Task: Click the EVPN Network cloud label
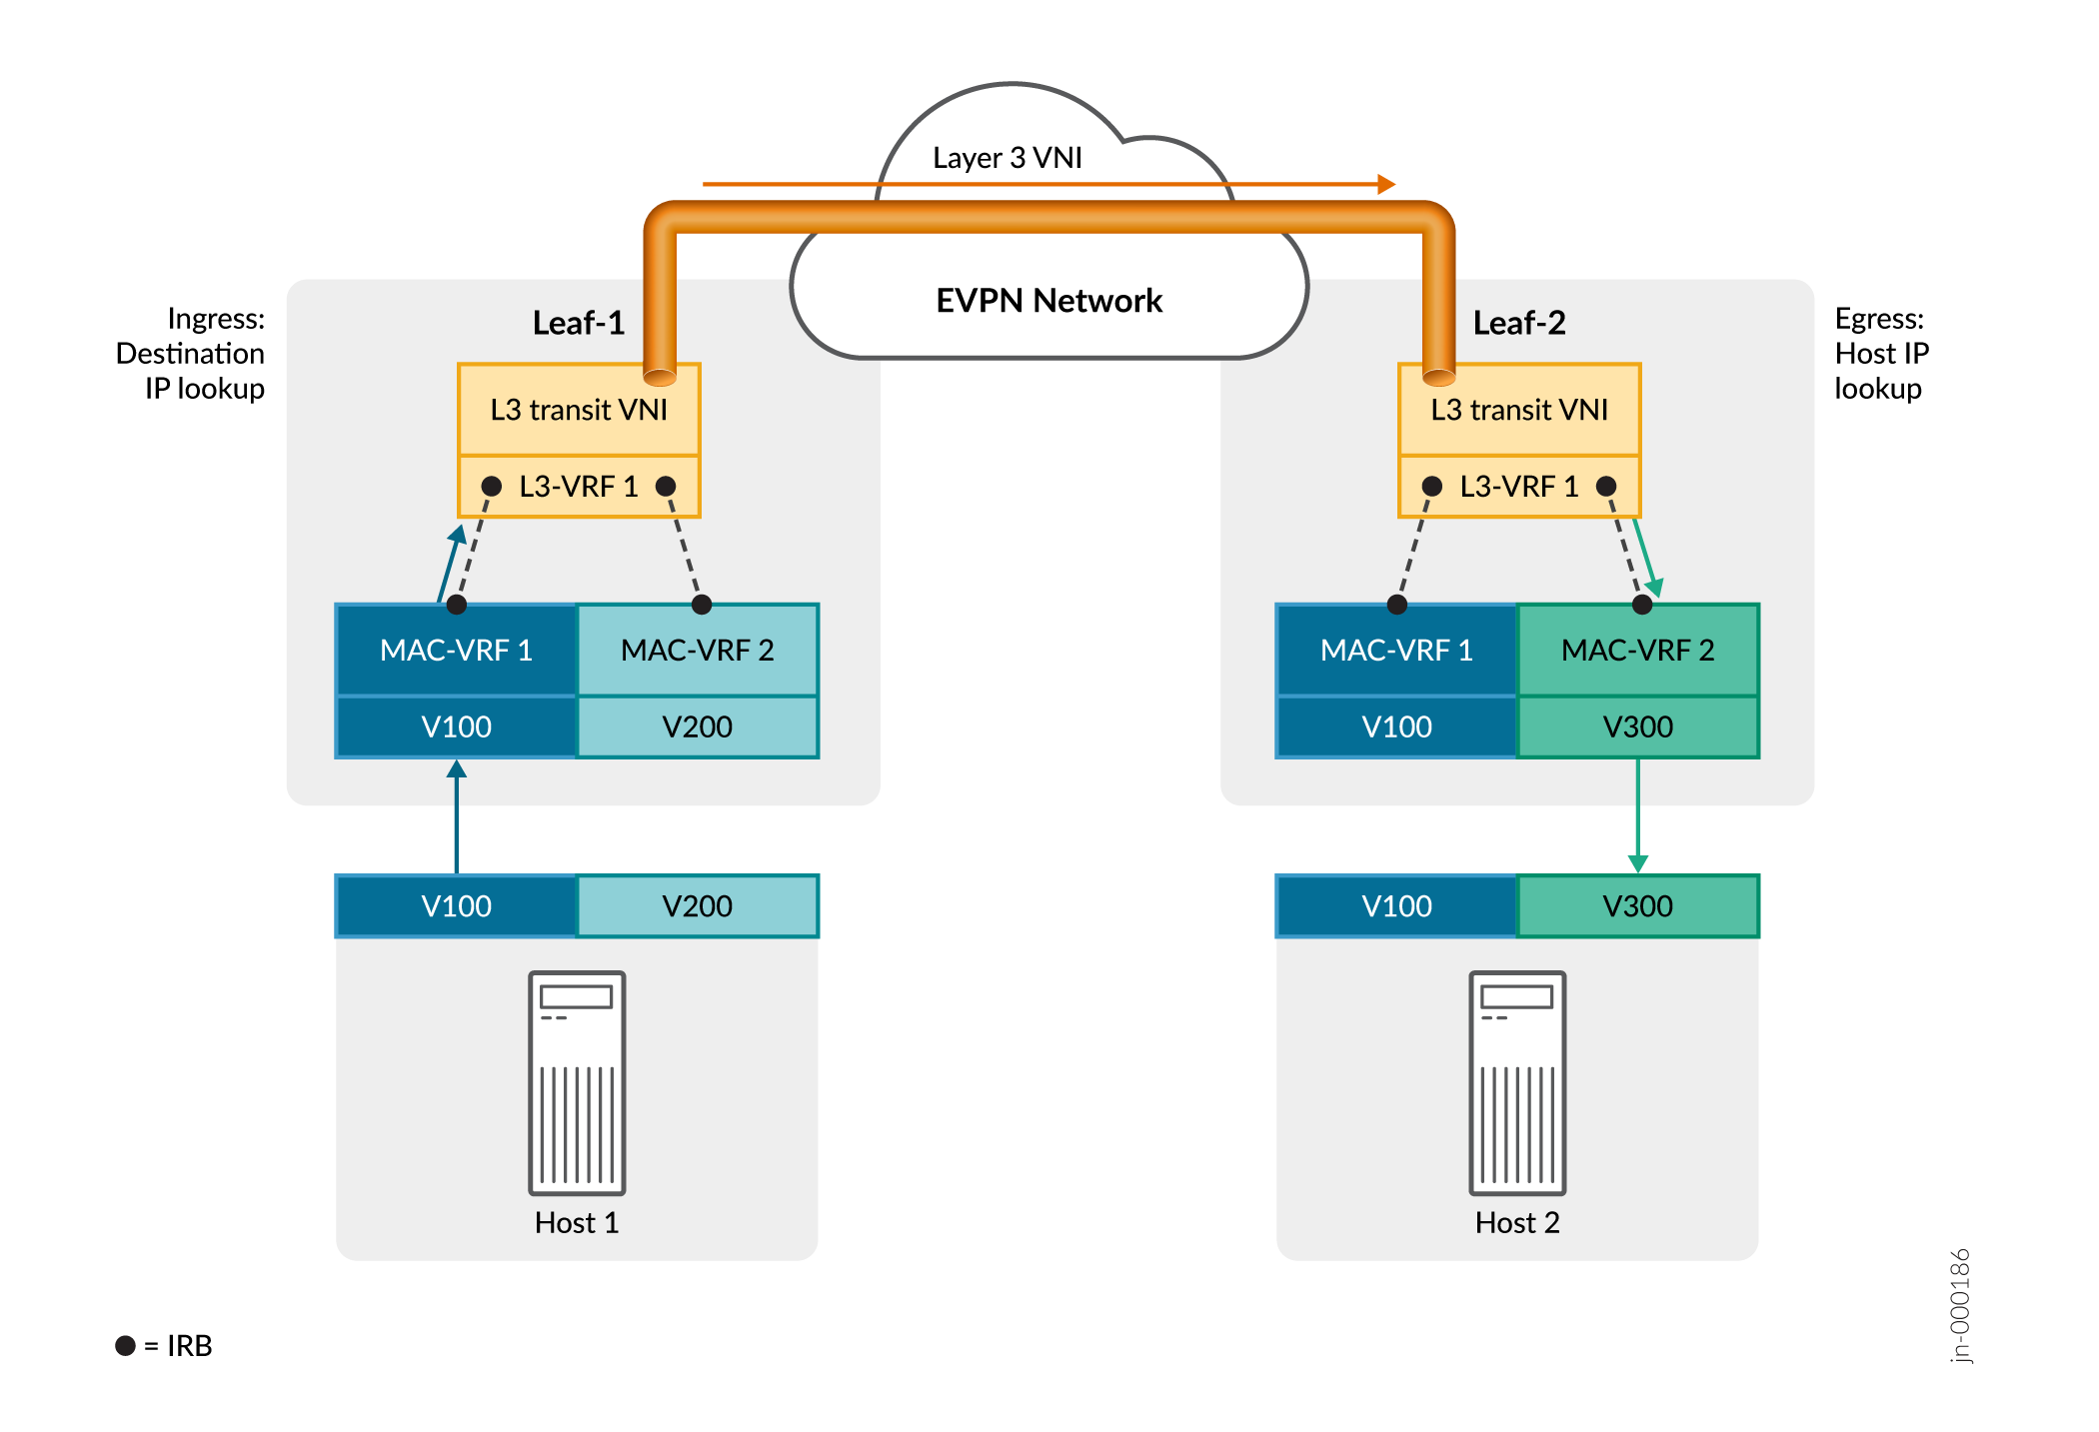tap(1049, 301)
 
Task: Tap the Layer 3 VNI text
tap(1007, 158)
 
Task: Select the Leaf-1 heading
tap(578, 323)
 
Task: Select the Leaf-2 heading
tap(1518, 323)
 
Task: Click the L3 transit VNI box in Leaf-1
tap(579, 410)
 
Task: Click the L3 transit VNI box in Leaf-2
tap(1519, 410)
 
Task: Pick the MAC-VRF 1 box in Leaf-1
tap(457, 651)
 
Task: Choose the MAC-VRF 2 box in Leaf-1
tap(698, 651)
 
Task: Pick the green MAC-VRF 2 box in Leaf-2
tap(1637, 651)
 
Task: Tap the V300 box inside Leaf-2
tap(1637, 726)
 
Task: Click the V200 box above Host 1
tap(698, 906)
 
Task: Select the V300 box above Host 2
tap(1637, 906)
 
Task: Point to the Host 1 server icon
tap(577, 1082)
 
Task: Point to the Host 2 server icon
tap(1517, 1082)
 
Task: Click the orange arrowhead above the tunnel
tap(1385, 184)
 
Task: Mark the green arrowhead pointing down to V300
tap(1637, 862)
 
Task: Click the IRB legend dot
tap(125, 1345)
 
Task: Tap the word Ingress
tap(216, 319)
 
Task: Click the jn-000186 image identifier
tap(1960, 1305)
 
